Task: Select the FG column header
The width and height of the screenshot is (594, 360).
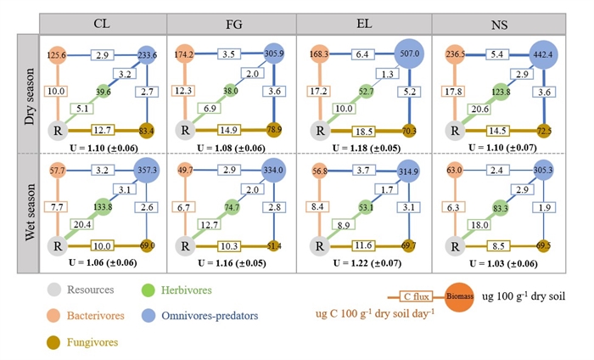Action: coord(232,24)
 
